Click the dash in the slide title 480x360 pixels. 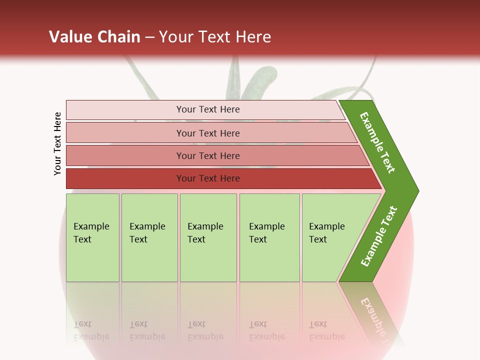[x=149, y=37]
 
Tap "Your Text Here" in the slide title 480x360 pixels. [x=214, y=37]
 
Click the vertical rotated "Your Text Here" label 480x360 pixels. [x=57, y=143]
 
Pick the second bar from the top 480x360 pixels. [x=207, y=133]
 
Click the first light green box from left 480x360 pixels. [x=92, y=237]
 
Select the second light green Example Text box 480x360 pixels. [x=149, y=237]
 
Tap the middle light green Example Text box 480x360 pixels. [x=208, y=237]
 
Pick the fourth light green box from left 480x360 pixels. [x=269, y=237]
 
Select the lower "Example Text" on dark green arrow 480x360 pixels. [x=379, y=236]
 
